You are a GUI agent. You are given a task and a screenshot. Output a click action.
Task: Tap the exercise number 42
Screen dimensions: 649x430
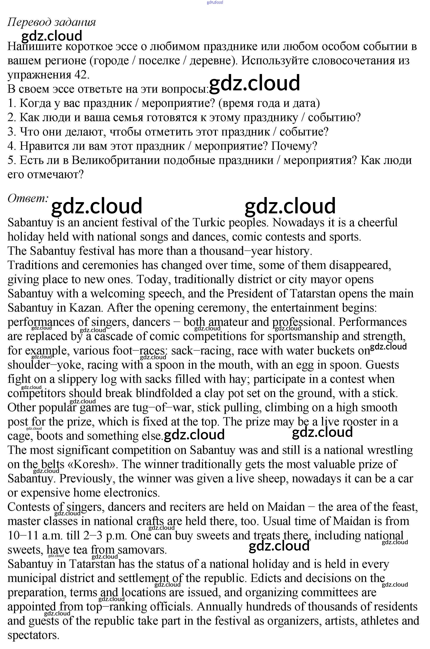click(x=81, y=75)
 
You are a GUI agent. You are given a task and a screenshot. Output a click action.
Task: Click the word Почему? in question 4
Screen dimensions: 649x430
click(x=294, y=146)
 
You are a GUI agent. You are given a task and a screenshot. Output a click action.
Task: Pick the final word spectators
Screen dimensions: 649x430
click(x=33, y=635)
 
